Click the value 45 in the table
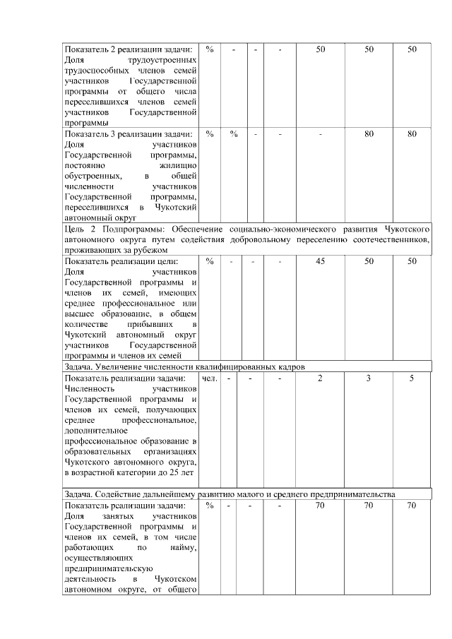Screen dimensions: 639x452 pyautogui.click(x=320, y=261)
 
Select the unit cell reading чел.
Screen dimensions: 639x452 pyautogui.click(x=209, y=379)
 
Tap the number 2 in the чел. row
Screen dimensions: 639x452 pyautogui.click(x=320, y=379)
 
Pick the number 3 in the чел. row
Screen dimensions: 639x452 pyautogui.click(x=369, y=379)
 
